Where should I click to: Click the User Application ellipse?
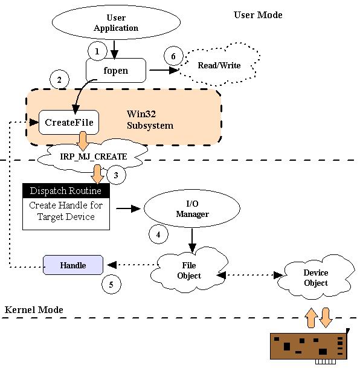tap(116, 22)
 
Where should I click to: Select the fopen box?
tap(116, 71)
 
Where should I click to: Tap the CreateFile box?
tap(69, 122)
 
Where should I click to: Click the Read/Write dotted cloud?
tap(219, 65)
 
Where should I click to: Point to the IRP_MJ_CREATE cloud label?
tap(94, 157)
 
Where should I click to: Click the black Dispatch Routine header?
tap(66, 190)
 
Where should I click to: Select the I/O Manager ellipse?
tap(192, 208)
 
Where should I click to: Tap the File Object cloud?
tap(189, 270)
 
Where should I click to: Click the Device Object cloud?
tap(316, 277)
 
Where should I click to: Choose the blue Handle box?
tap(73, 265)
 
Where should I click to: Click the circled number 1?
tap(97, 51)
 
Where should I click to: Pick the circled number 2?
tap(59, 80)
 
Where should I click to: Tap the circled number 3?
tap(116, 175)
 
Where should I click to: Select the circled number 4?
tap(158, 234)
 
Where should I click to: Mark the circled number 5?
tap(111, 284)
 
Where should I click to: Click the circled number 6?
tap(173, 56)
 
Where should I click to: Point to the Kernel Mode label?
tap(34, 310)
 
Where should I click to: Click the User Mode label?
tap(258, 15)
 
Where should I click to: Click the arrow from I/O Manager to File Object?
tap(192, 240)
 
